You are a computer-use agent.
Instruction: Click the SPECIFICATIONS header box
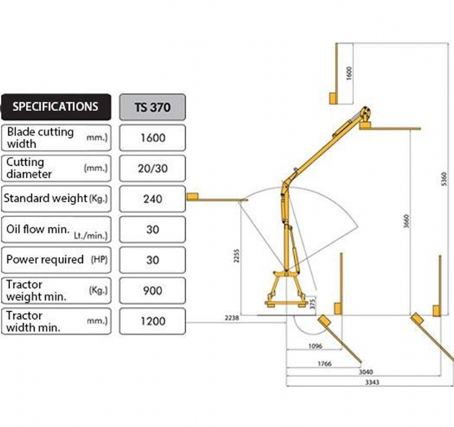tap(56, 107)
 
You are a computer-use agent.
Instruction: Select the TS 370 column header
tap(152, 107)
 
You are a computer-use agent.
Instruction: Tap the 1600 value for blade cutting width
tap(153, 138)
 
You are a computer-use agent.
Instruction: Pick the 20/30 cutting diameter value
tap(153, 169)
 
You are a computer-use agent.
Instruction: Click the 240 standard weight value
tap(153, 199)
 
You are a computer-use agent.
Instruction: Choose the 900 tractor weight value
tap(153, 290)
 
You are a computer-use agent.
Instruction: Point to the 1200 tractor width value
tap(153, 321)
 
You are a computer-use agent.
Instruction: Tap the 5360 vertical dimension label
tap(444, 179)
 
